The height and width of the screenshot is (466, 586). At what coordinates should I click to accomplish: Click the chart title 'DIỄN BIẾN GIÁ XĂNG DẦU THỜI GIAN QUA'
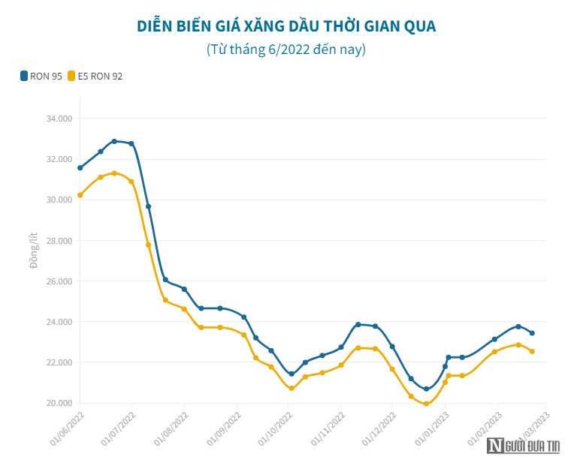point(286,26)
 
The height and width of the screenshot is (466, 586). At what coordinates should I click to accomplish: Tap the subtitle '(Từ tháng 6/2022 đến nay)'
point(286,50)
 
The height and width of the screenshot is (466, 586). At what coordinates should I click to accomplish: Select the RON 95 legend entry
point(42,76)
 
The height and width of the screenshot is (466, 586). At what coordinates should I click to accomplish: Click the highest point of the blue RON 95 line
point(114,141)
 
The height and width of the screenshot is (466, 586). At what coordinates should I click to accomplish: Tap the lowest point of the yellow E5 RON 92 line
point(426,404)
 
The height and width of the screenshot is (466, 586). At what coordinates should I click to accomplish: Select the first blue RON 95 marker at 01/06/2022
point(80,167)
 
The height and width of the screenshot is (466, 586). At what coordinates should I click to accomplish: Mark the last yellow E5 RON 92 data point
point(532,351)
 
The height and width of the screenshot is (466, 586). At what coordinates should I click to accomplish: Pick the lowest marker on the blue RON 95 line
point(426,389)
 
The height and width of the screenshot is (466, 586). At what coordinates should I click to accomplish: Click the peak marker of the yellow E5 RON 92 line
point(114,173)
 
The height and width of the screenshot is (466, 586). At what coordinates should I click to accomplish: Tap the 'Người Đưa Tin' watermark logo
point(524,446)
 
